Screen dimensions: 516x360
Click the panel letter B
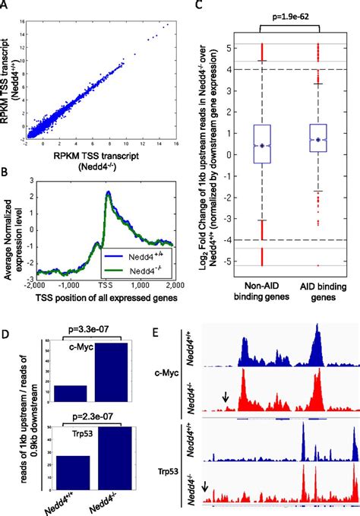pyautogui.click(x=5, y=173)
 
